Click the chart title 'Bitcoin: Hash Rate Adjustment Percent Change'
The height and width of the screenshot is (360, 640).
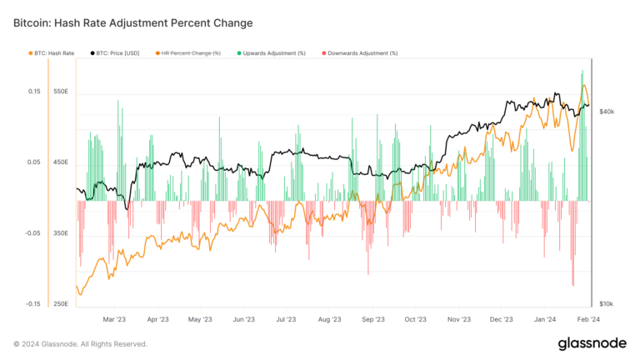(x=132, y=22)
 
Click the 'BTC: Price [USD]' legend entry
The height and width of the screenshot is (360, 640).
(x=118, y=52)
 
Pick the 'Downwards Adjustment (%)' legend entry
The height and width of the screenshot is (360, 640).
(x=363, y=52)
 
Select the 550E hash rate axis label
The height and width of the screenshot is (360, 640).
(x=62, y=92)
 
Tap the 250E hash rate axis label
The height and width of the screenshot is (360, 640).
(x=62, y=304)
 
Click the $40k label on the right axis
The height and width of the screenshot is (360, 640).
(x=607, y=111)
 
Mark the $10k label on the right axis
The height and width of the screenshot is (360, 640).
(x=607, y=304)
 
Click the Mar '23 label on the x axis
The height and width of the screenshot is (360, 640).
(x=114, y=319)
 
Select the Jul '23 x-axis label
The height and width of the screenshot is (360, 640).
(x=286, y=319)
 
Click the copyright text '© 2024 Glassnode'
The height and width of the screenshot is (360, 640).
(x=80, y=343)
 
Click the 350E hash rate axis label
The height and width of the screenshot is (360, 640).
(x=62, y=233)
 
